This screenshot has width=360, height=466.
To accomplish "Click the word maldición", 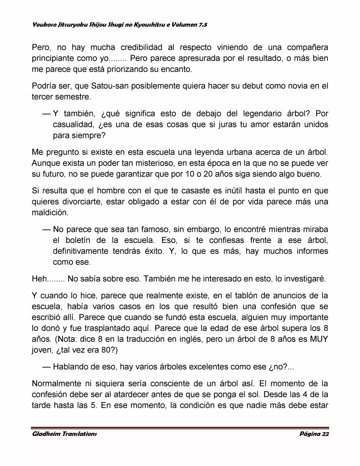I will pyautogui.click(x=50, y=213).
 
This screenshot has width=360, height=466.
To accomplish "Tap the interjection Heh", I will pyautogui.click(x=39, y=279).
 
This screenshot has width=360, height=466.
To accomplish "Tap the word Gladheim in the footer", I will pyautogui.click(x=46, y=434).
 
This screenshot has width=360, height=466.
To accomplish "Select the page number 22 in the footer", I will pyautogui.click(x=325, y=434).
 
